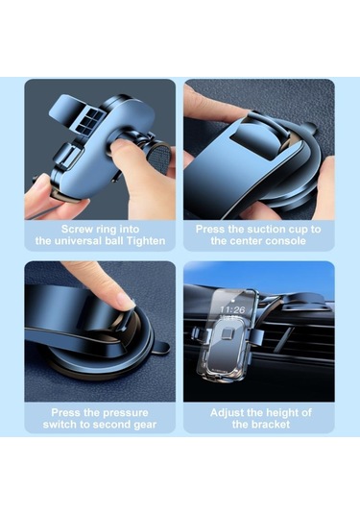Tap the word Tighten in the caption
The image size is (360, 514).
146,241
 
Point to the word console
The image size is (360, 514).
286,241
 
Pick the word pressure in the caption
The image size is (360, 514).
123,413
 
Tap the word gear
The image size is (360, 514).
144,425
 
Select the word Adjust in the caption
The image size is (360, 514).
226,413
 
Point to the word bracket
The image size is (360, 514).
271,425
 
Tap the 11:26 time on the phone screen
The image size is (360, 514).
232,309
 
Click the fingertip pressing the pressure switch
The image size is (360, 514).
125,301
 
